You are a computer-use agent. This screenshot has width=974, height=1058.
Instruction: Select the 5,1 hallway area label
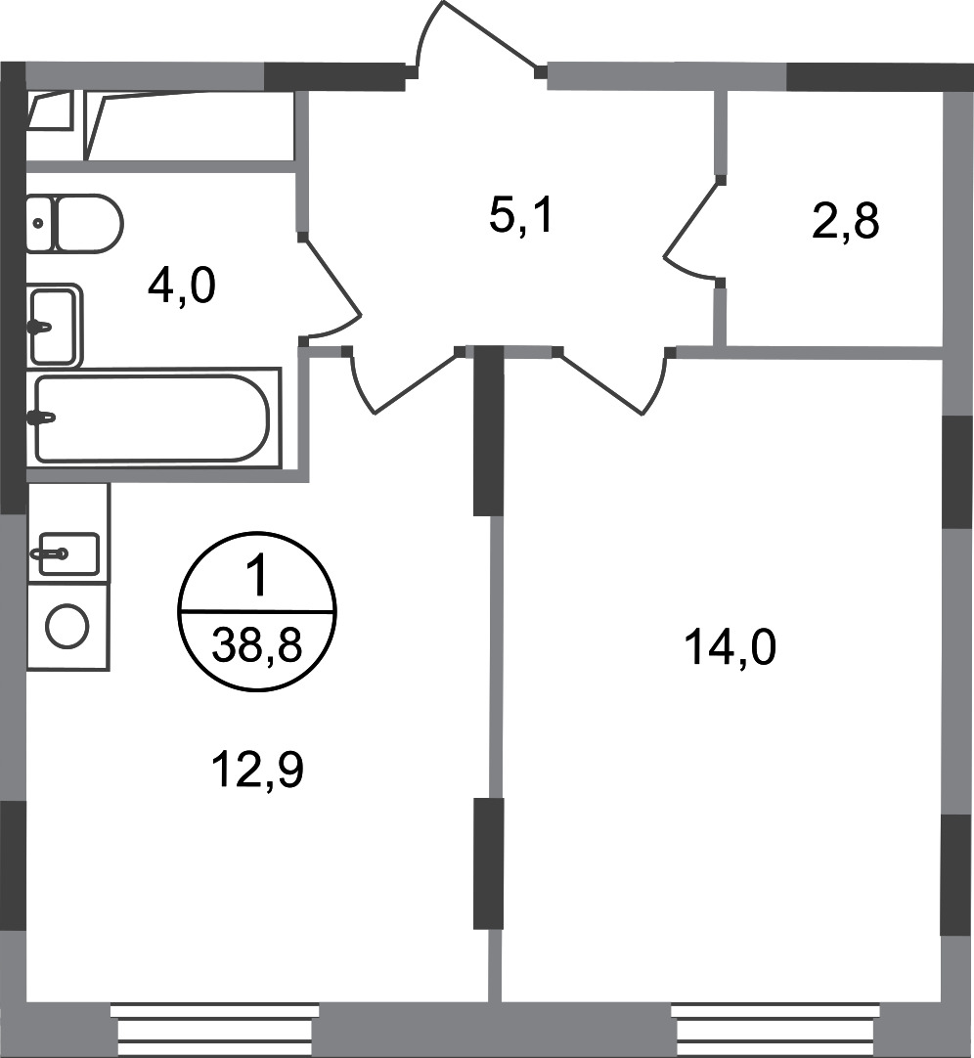(521, 216)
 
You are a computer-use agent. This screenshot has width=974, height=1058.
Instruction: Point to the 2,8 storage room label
(846, 223)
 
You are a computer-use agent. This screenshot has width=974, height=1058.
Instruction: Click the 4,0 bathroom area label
(181, 288)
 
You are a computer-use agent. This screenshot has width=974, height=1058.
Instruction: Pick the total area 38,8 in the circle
(257, 646)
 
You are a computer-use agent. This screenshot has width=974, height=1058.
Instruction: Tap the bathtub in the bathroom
(152, 418)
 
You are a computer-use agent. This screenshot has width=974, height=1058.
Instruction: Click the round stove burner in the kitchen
(67, 626)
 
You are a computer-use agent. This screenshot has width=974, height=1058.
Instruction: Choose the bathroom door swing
(332, 293)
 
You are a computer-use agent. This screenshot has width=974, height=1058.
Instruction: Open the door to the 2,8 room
(692, 235)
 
